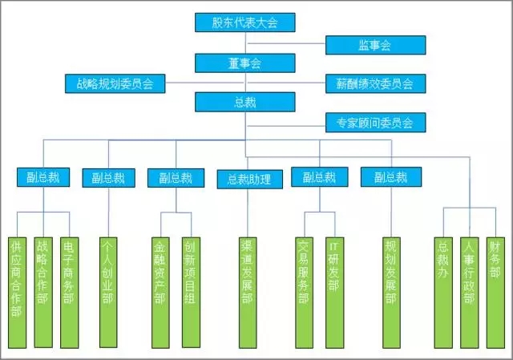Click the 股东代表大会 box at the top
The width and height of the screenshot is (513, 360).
coord(244,22)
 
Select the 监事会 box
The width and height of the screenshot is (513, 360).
coord(374,45)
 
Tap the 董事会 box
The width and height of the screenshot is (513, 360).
coord(244,63)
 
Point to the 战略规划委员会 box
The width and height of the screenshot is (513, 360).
coord(115,83)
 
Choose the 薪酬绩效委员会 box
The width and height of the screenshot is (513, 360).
coord(374,83)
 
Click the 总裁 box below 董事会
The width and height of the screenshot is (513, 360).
coord(244,103)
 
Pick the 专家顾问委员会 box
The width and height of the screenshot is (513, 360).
coord(374,123)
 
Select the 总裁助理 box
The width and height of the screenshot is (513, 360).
coord(249,178)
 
